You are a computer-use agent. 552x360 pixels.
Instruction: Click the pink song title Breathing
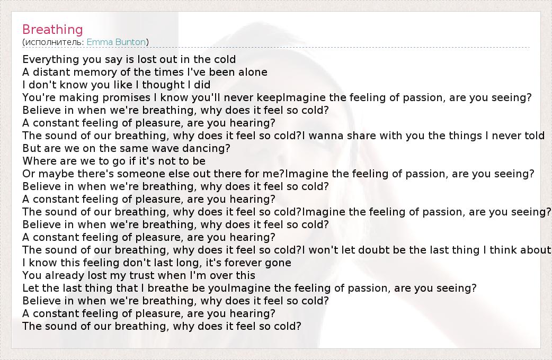click(x=52, y=30)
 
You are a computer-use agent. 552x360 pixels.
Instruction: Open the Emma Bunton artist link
click(x=116, y=42)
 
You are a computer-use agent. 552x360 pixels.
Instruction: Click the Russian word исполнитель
click(x=55, y=42)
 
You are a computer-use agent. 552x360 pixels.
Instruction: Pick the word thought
click(x=163, y=85)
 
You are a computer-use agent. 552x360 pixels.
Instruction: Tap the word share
click(x=361, y=136)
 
